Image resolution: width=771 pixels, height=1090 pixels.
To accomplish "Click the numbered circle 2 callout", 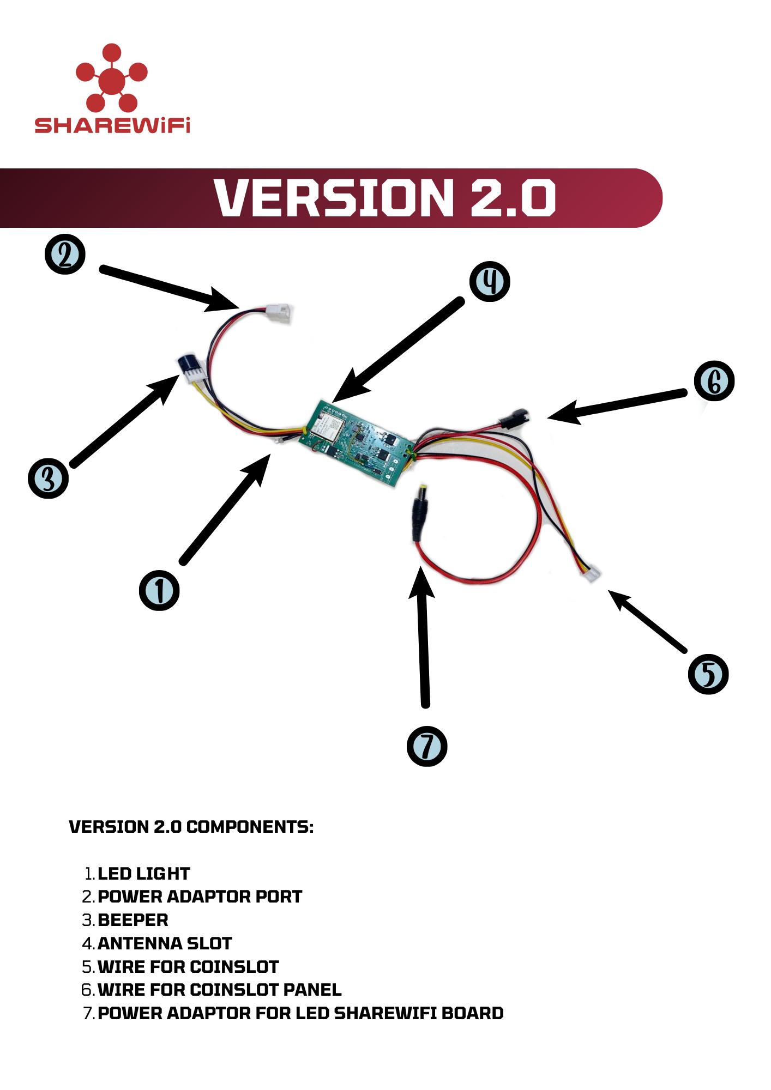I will (x=65, y=255).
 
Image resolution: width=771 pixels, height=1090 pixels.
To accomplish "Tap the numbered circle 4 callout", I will (x=490, y=282).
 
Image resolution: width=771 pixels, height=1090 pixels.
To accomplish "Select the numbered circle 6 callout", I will (x=714, y=381).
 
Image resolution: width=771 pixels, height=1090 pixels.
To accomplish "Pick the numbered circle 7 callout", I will (x=427, y=746).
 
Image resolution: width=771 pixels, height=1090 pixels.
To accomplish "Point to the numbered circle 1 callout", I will (x=159, y=590).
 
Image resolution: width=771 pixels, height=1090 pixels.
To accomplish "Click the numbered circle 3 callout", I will (x=49, y=479).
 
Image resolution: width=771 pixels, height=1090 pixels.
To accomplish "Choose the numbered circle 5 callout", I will (x=708, y=674).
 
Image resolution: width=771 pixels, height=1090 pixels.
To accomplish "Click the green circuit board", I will (x=357, y=442).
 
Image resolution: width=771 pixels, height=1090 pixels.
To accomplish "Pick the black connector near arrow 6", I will (x=514, y=419).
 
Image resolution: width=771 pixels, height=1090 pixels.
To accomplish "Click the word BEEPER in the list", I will (x=133, y=920).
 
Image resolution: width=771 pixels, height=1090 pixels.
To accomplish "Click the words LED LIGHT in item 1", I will (x=144, y=874).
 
